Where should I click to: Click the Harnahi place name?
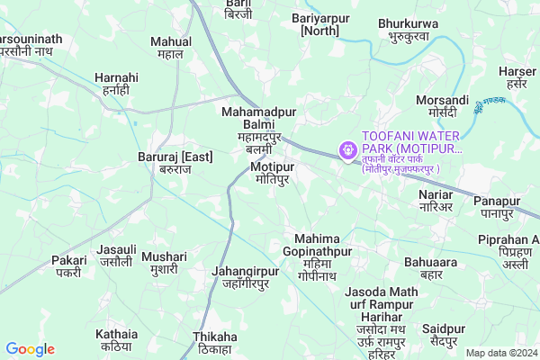pyautogui.click(x=116, y=84)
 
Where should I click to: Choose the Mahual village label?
pyautogui.click(x=170, y=47)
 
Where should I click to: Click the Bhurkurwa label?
pyautogui.click(x=409, y=29)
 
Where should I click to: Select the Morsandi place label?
pyautogui.click(x=443, y=105)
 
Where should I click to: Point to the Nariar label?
pyautogui.click(x=436, y=200)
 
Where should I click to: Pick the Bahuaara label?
pyautogui.click(x=431, y=267)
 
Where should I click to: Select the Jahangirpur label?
pyautogui.click(x=239, y=276)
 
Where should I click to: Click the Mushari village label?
pyautogui.click(x=164, y=263)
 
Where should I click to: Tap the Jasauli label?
pyautogui.click(x=117, y=255)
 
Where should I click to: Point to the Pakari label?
pyautogui.click(x=69, y=265)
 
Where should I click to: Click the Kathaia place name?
pyautogui.click(x=117, y=339)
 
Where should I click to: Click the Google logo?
pyautogui.click(x=31, y=349)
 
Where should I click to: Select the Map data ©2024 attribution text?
pyautogui.click(x=500, y=353)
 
